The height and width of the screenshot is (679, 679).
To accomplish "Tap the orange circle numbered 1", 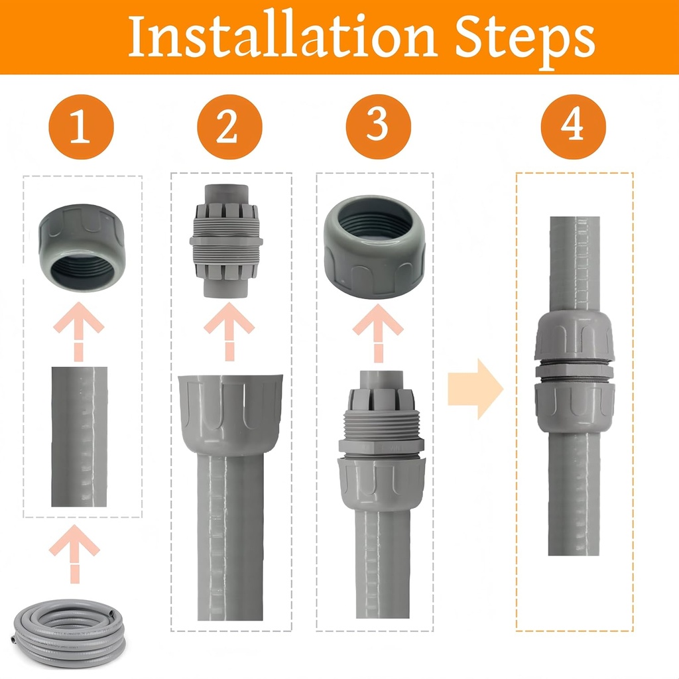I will (81, 127).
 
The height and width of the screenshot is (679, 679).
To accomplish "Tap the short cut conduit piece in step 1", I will (80, 436).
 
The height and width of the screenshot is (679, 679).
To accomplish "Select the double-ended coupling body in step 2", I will (227, 241).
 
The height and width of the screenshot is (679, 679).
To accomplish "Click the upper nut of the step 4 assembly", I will (574, 336).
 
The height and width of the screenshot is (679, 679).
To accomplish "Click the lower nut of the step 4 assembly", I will (574, 406).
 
